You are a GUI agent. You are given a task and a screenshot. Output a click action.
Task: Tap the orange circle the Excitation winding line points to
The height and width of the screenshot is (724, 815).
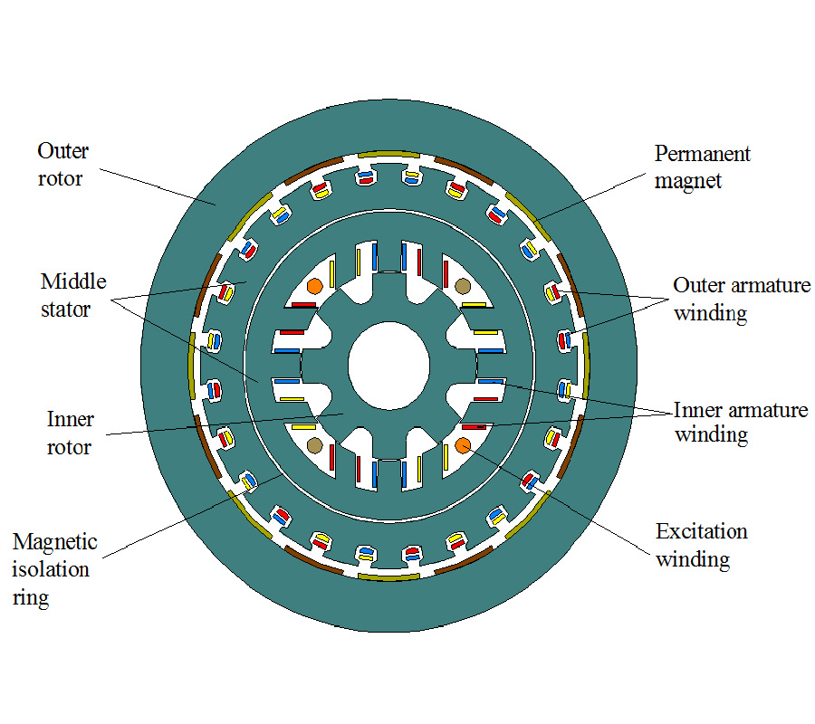[x=462, y=444]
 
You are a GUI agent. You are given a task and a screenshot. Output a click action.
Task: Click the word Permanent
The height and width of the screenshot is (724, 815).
[x=702, y=153]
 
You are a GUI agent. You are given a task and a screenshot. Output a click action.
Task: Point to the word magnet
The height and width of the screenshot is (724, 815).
[x=689, y=180]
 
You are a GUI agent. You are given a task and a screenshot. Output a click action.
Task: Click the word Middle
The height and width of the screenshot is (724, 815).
[x=72, y=281]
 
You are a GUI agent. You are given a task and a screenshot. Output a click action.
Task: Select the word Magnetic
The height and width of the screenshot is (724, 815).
[x=54, y=542]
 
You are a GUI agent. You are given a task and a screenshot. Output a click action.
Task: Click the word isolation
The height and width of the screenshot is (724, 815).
[x=51, y=569]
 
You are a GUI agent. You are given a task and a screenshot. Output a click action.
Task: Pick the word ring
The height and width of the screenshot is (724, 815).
[x=31, y=598]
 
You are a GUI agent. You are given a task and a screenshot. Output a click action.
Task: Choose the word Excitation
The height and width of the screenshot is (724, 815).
[x=702, y=531]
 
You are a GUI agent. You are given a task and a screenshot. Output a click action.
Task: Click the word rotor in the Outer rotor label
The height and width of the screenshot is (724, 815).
[x=60, y=178]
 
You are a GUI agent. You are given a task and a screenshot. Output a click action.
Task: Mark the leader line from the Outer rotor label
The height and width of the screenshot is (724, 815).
[x=154, y=185]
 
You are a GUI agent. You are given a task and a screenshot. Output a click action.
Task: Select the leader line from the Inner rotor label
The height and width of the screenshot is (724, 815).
[x=226, y=424]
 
